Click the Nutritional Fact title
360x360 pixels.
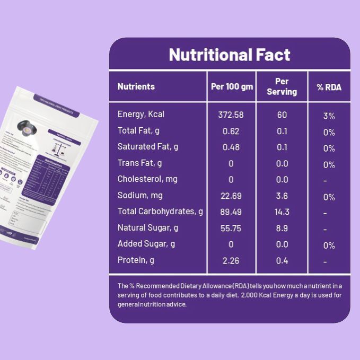pyautogui.click(x=230, y=55)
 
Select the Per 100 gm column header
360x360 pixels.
pyautogui.click(x=232, y=86)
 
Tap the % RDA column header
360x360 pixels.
pyautogui.click(x=329, y=87)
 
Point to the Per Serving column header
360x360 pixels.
pyautogui.click(x=282, y=86)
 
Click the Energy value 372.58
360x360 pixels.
pyautogui.click(x=231, y=115)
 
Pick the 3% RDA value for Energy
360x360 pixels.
pyautogui.click(x=329, y=116)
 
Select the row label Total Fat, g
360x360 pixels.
pyautogui.click(x=139, y=131)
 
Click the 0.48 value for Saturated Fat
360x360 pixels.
pyautogui.click(x=231, y=147)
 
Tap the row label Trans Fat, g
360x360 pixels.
pyautogui.click(x=139, y=163)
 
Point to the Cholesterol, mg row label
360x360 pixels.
pyautogui.click(x=147, y=179)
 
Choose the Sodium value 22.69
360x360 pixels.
pyautogui.click(x=231, y=196)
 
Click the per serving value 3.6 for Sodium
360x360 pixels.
pyautogui.click(x=282, y=196)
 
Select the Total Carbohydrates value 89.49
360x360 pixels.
pyautogui.click(x=231, y=212)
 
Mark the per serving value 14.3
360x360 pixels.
pyautogui.click(x=282, y=212)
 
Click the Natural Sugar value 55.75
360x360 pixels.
pyautogui.click(x=231, y=228)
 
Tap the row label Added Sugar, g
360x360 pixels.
pyautogui.click(x=146, y=244)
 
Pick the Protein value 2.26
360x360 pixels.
pyautogui.click(x=231, y=260)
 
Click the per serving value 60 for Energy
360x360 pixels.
pyautogui.click(x=282, y=115)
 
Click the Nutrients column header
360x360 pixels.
pyautogui.click(x=136, y=86)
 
